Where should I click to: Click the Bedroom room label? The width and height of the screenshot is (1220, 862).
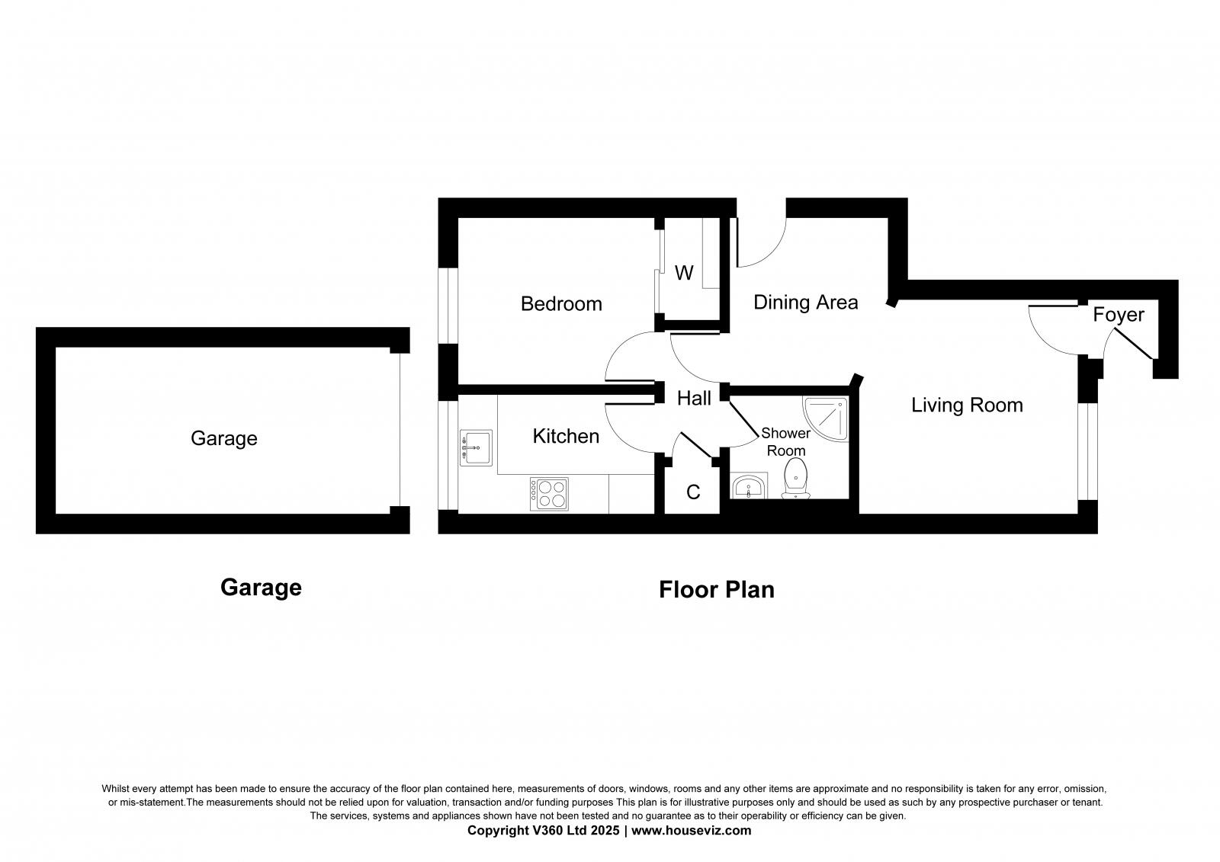click(x=561, y=304)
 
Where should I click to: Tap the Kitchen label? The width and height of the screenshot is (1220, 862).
click(x=566, y=436)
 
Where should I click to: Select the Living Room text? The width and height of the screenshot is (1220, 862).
click(x=967, y=405)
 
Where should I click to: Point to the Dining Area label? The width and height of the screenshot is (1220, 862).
click(x=805, y=303)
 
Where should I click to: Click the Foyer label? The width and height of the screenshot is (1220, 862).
click(x=1118, y=315)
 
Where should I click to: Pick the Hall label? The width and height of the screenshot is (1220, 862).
click(x=694, y=398)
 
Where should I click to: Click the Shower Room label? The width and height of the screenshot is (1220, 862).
click(x=785, y=442)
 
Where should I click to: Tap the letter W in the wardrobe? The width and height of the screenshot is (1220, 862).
click(x=684, y=273)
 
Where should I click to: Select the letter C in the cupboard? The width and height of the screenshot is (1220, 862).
click(x=693, y=492)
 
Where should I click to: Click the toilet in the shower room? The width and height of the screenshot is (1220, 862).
click(x=795, y=477)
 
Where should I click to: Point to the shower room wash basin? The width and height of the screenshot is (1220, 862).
click(x=749, y=486)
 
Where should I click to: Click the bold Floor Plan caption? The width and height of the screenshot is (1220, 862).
click(x=716, y=590)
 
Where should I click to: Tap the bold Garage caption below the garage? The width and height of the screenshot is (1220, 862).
click(x=261, y=588)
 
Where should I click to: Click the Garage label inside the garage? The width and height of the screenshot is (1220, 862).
click(x=223, y=438)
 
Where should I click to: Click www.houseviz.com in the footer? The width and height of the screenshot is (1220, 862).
click(x=691, y=831)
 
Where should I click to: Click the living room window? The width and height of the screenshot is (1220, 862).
click(x=1088, y=450)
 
